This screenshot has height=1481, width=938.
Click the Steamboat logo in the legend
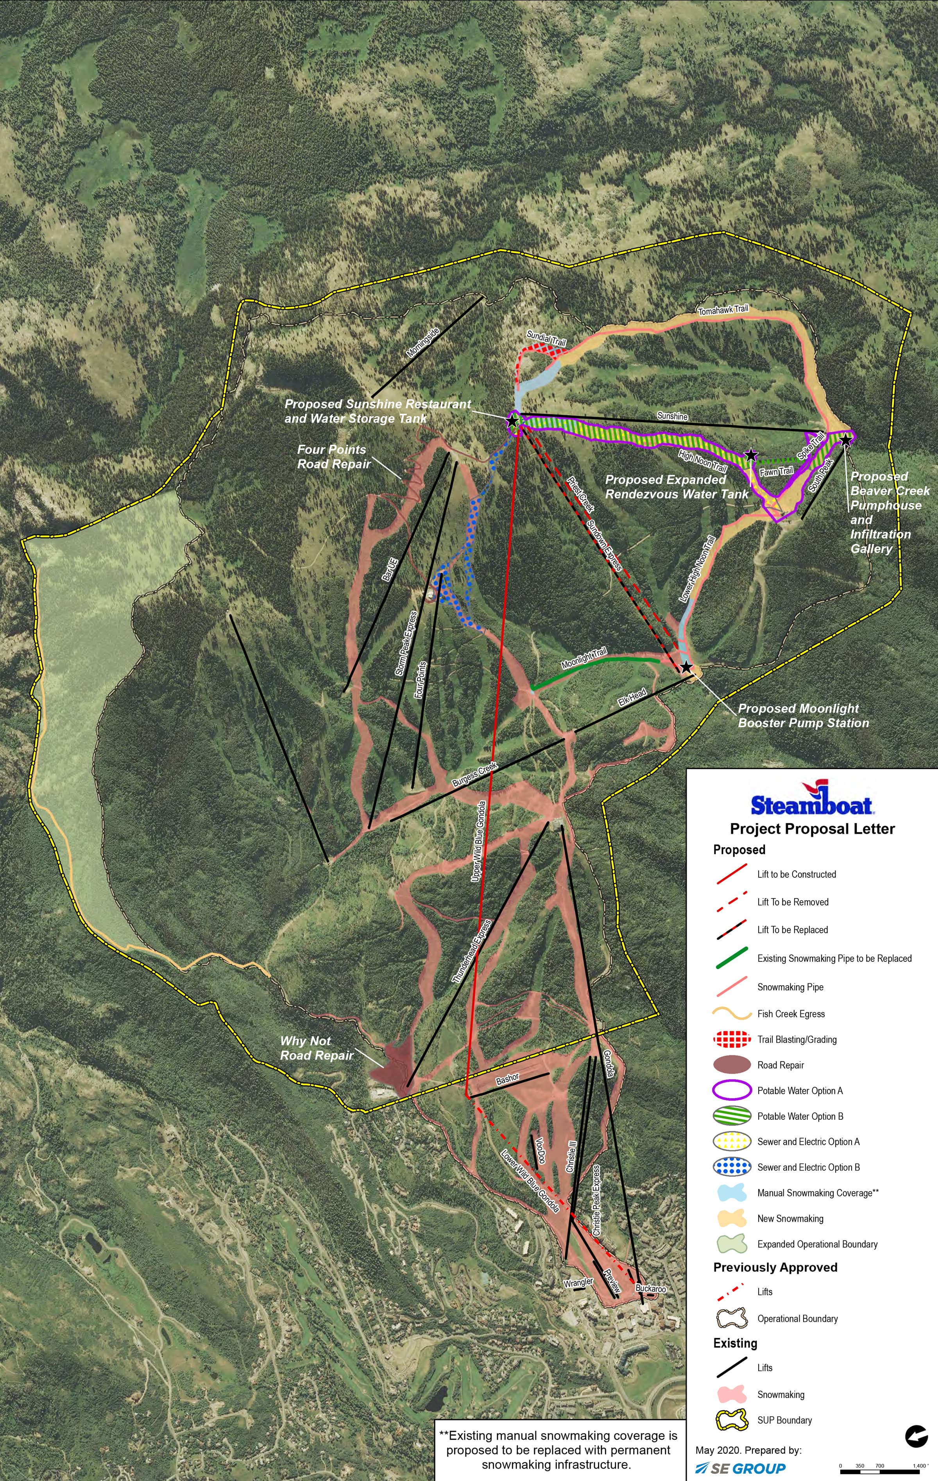coord(811,798)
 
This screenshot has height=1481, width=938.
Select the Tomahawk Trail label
coord(723,310)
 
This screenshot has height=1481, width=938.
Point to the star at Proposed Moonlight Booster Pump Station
coord(686,667)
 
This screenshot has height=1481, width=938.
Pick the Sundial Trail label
coord(546,338)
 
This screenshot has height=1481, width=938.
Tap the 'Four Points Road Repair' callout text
coord(334,456)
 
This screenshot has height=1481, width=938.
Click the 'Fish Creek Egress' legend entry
coord(791,1013)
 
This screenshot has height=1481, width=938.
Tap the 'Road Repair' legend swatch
coord(732,1065)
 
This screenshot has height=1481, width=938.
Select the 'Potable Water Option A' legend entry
coord(800,1090)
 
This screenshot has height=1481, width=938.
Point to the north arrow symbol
coord(916,1437)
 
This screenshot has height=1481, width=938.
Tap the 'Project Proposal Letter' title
coord(812,828)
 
